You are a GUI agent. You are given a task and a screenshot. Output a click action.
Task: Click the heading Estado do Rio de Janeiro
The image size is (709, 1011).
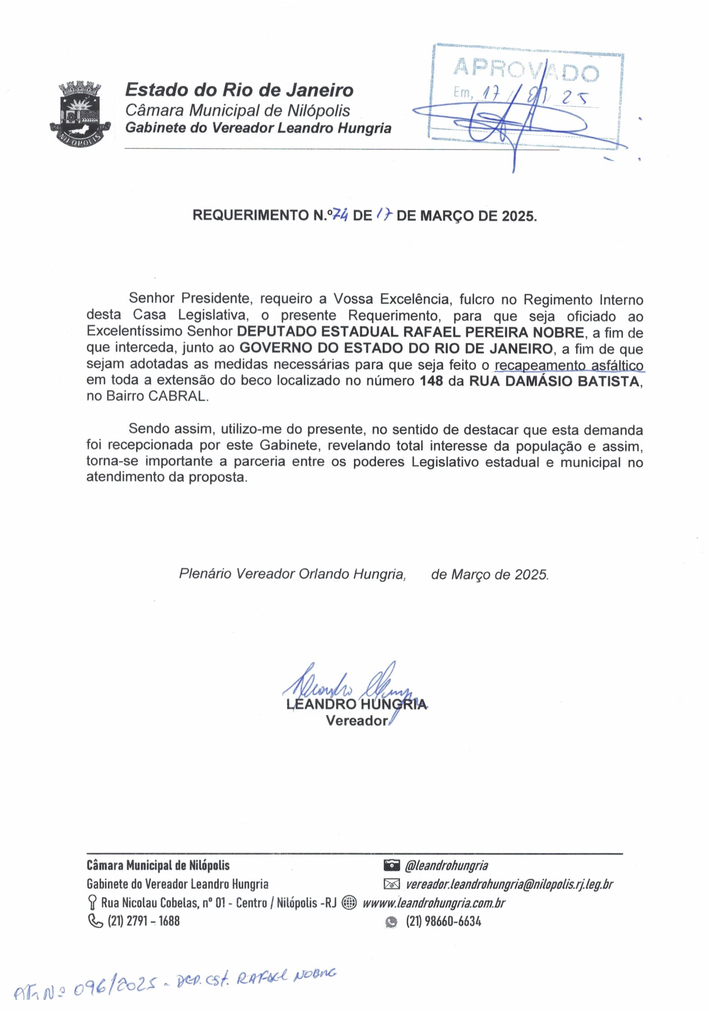(x=239, y=90)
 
